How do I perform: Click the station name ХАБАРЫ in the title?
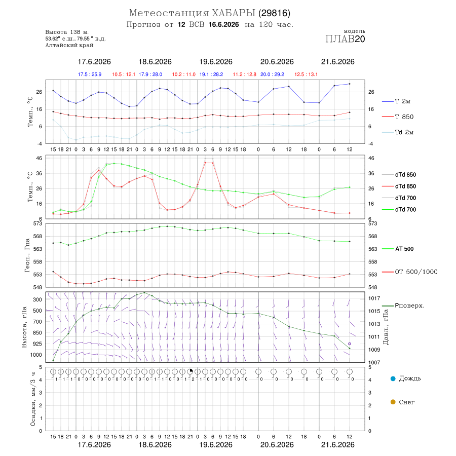[x=234, y=13]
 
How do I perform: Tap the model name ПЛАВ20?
[x=345, y=39]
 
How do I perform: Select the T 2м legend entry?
[x=396, y=101]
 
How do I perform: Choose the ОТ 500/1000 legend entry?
[x=409, y=272]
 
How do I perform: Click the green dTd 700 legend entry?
[x=399, y=210]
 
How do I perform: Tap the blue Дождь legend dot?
[x=393, y=378]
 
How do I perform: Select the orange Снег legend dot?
[x=393, y=402]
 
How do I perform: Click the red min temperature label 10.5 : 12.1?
[x=124, y=74]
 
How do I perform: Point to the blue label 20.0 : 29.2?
[x=272, y=74]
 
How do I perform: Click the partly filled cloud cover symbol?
[x=190, y=371]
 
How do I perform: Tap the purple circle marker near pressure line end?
[x=350, y=344]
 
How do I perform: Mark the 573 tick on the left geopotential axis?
[x=38, y=223]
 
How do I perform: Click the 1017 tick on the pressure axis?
[x=374, y=298]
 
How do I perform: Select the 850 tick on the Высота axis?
[x=37, y=333]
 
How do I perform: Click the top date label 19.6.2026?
[x=216, y=62]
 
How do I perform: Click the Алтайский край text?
[x=69, y=45]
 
